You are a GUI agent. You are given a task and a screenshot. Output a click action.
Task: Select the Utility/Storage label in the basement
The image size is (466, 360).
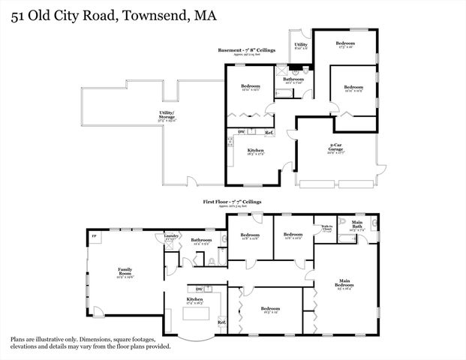point(167,115)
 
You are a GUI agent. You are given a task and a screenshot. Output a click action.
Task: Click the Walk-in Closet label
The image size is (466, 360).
point(326,228)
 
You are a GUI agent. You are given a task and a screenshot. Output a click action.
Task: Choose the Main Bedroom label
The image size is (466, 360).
point(344,283)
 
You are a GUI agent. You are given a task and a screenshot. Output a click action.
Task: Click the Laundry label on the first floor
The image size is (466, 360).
point(170,237)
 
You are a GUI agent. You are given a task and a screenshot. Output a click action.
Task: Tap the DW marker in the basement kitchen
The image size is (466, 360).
point(241,133)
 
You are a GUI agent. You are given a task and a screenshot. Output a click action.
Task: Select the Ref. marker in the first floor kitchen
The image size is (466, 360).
point(221,322)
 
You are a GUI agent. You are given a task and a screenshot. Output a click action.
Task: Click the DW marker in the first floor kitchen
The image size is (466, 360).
point(198,289)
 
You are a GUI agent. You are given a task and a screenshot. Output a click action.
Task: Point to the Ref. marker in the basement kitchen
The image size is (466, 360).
point(269,133)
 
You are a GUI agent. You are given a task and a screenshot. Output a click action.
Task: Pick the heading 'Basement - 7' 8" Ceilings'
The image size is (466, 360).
point(246,49)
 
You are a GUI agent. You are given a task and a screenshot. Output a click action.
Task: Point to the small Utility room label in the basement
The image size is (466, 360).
point(300,45)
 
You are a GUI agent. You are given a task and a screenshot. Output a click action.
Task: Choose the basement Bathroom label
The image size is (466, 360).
point(293,79)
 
